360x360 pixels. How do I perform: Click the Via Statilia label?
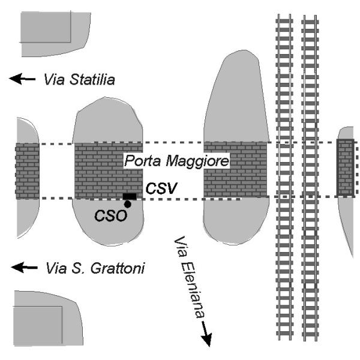coord(79,79)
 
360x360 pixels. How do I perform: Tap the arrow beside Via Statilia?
coord(22,79)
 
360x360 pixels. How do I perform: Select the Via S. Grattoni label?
coord(95,268)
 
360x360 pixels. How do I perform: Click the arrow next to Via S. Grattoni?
coord(24,267)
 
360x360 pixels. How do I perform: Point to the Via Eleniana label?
coord(189,277)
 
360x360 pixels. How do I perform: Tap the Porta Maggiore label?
coord(176,161)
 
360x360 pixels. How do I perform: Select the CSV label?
coord(161,188)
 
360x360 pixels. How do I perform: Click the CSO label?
coord(110,216)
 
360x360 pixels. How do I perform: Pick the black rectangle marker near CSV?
coord(130,197)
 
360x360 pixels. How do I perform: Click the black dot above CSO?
coord(127,204)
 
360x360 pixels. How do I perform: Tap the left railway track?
coord(284,177)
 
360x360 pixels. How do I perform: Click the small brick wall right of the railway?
coord(345,167)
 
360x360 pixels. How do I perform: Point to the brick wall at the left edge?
coord(27,171)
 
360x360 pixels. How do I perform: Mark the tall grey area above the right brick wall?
coord(236,97)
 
